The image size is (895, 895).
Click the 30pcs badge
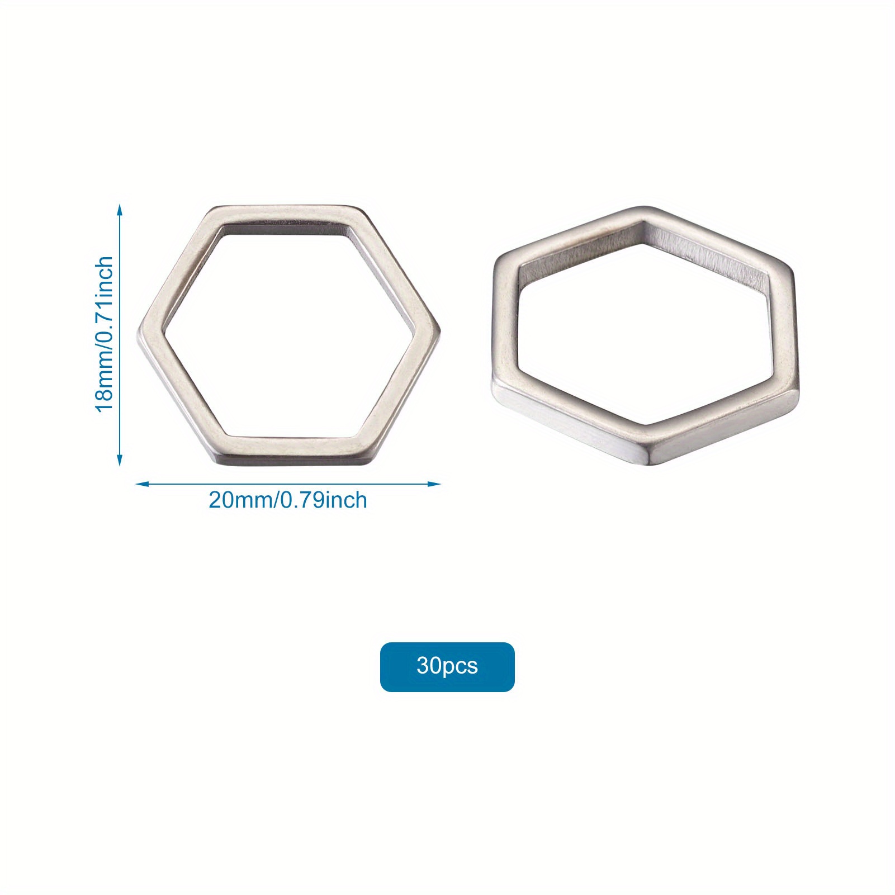(x=447, y=666)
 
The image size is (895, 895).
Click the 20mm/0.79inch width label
(x=288, y=500)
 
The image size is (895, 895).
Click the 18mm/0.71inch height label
(x=105, y=334)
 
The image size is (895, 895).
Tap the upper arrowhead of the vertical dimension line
(x=119, y=209)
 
